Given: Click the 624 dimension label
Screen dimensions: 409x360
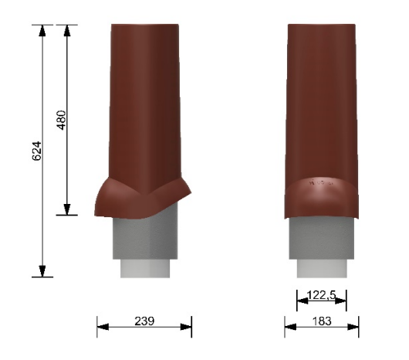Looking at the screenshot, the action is click(x=37, y=151).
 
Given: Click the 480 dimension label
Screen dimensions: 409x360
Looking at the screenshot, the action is click(x=62, y=120).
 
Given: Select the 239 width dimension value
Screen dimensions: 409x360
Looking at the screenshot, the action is click(x=144, y=321).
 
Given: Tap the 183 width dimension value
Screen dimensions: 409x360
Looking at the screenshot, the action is click(x=322, y=321).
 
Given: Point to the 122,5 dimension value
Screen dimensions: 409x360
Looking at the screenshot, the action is click(x=322, y=295).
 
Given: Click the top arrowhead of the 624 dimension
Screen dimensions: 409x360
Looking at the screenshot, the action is click(x=42, y=31).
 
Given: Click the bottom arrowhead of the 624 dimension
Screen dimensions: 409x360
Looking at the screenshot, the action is click(x=42, y=271).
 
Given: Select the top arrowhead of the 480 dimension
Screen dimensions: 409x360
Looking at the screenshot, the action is click(x=67, y=31).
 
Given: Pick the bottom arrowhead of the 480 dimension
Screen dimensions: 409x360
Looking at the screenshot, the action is click(x=67, y=209).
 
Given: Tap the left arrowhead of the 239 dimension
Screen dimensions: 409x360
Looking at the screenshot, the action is click(x=103, y=327).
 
